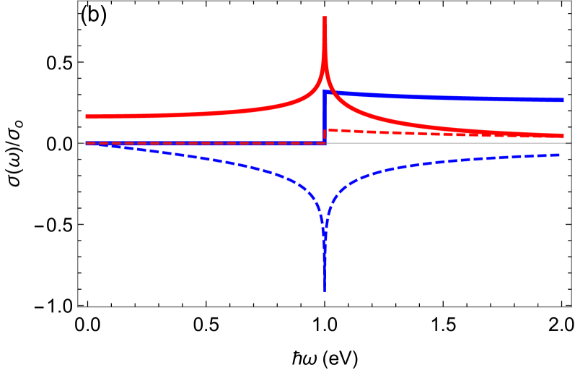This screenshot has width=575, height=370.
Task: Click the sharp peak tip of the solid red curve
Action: point(325,17)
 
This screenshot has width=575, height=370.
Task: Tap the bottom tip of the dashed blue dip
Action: point(325,291)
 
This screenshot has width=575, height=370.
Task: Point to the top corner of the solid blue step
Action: point(325,92)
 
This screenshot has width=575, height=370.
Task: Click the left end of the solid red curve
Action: point(86,116)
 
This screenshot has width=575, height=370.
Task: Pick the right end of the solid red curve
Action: point(563,136)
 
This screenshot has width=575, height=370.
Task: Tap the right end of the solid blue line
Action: point(563,100)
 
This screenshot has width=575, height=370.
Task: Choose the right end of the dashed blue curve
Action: point(560,155)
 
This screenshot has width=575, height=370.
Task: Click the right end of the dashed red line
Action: point(563,137)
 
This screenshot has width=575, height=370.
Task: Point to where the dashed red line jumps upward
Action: point(327,137)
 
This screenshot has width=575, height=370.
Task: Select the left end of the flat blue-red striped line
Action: point(86,143)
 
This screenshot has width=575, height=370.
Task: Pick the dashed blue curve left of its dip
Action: point(216,162)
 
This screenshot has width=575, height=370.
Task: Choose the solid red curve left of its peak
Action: point(216,113)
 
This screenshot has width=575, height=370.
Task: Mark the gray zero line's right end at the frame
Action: point(571,143)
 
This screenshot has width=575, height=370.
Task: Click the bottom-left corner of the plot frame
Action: point(78,307)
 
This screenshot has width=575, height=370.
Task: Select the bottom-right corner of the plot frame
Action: point(571,307)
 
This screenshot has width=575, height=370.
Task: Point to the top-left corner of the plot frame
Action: point(78,1)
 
